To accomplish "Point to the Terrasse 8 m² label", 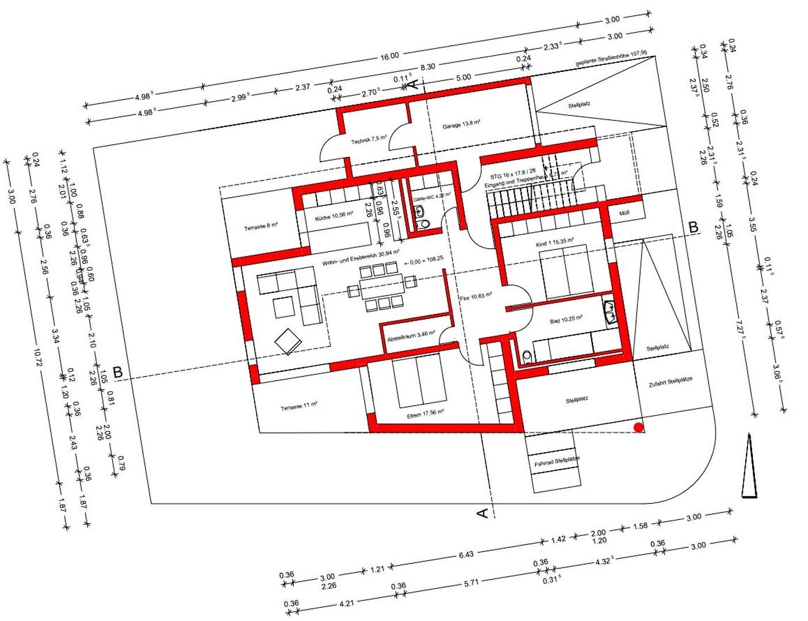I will [x=261, y=227].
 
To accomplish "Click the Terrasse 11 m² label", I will [x=299, y=406].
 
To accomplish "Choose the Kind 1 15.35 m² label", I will [x=554, y=243].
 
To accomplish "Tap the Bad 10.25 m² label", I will [x=566, y=319].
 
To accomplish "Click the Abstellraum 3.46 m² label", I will [x=411, y=335].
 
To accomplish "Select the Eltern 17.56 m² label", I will [x=426, y=413].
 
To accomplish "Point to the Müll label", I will [x=624, y=213].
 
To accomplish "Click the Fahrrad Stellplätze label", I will [x=557, y=461].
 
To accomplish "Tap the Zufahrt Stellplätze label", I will [x=671, y=382].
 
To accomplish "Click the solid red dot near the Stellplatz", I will [x=638, y=427].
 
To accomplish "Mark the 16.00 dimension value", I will [x=389, y=56].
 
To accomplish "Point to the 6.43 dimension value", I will [x=466, y=554].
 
